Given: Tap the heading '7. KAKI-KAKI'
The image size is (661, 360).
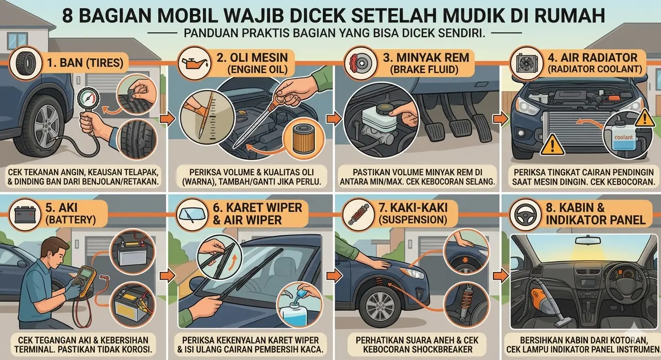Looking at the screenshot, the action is coord(413,208).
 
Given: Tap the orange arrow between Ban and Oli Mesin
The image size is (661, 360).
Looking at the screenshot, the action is coord(167,119).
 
